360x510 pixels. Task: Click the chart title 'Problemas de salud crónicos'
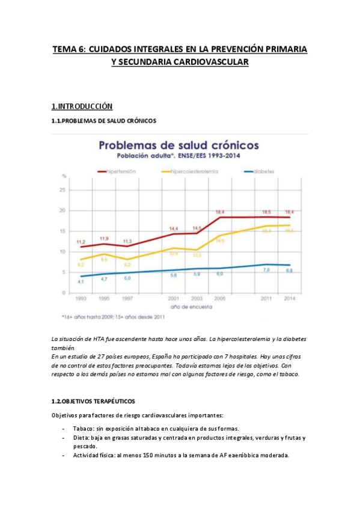coord(178,146)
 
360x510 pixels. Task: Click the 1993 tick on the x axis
coord(81,298)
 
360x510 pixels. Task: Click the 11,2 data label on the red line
coord(81,242)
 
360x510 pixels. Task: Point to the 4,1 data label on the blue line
coord(80,281)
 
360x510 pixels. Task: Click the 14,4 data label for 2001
coord(174,229)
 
